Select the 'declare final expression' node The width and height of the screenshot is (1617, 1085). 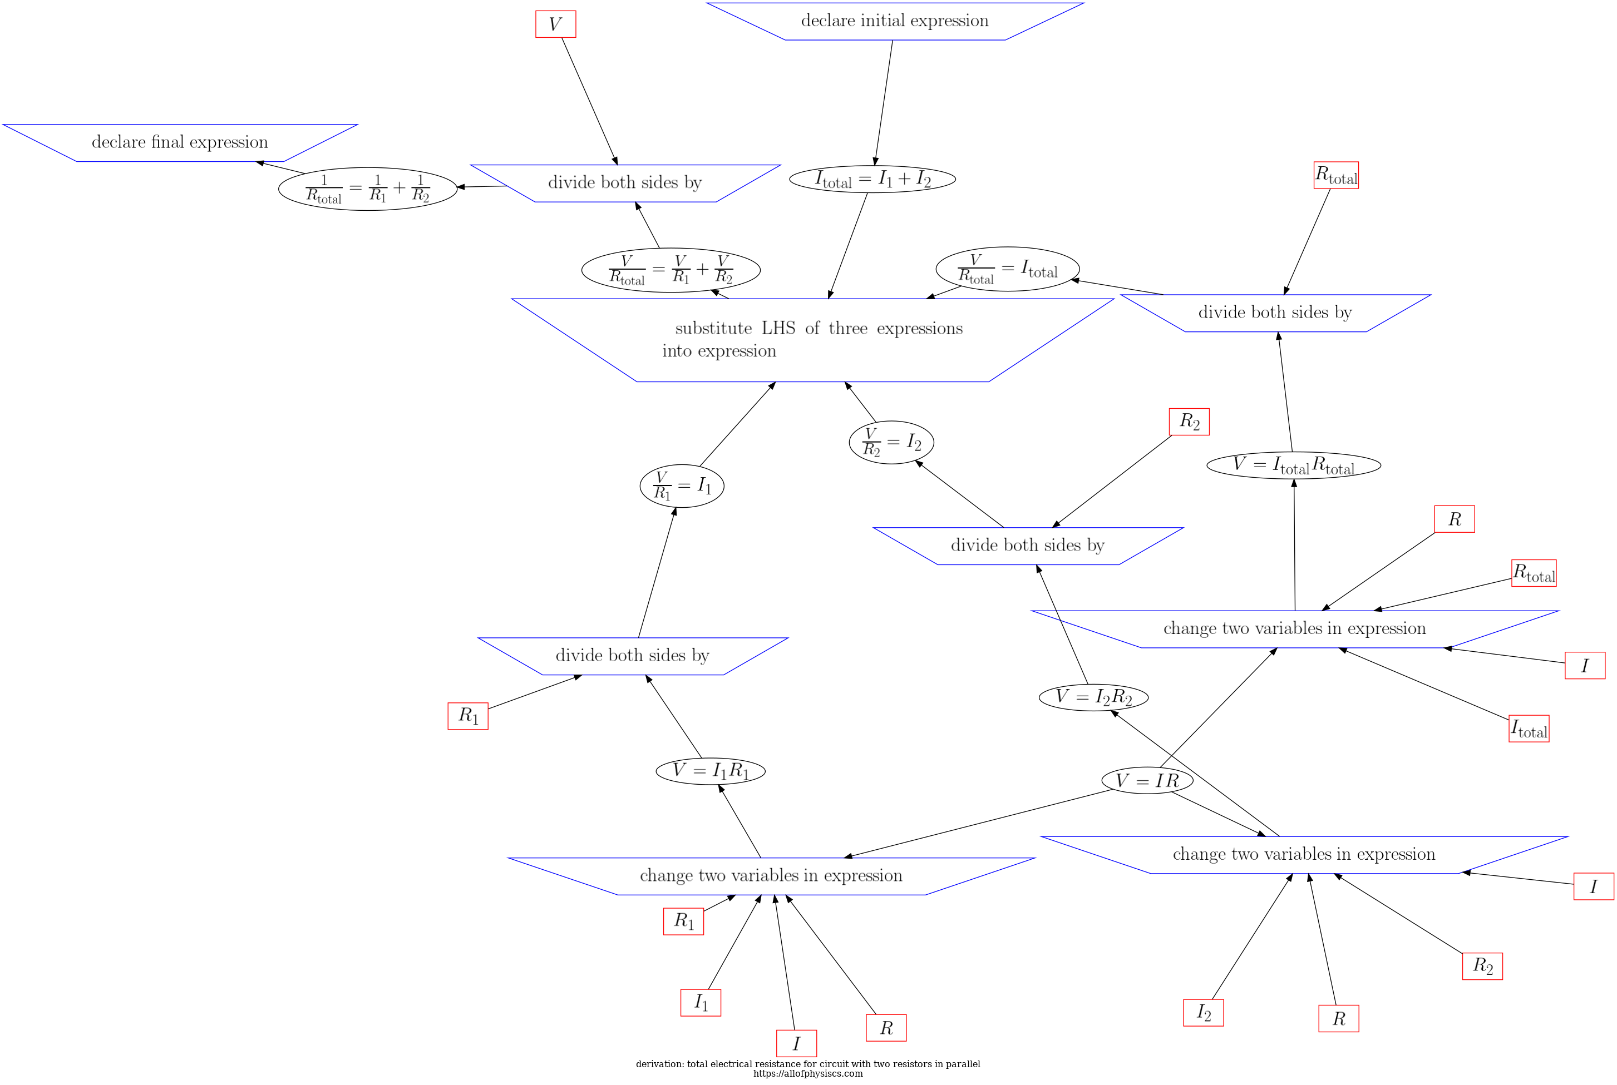(180, 142)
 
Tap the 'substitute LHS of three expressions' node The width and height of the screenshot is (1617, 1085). (812, 339)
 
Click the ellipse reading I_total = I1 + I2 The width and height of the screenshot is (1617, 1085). (872, 179)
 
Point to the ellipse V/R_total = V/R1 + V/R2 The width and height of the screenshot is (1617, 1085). (671, 270)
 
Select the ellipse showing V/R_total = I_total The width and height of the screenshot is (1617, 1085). (1007, 269)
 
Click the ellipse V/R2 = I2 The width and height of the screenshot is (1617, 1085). (891, 442)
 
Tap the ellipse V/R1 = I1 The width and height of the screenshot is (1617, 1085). (682, 485)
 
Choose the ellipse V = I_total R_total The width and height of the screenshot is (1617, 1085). (1294, 465)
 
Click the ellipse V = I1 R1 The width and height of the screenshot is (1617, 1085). (710, 771)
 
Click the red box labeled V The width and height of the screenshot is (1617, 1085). (555, 24)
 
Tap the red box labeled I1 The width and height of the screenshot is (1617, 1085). (701, 1003)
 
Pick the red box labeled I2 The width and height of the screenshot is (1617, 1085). (1204, 1012)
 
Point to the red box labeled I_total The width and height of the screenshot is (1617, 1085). (1529, 729)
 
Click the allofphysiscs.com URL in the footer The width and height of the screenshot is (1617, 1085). (808, 1074)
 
